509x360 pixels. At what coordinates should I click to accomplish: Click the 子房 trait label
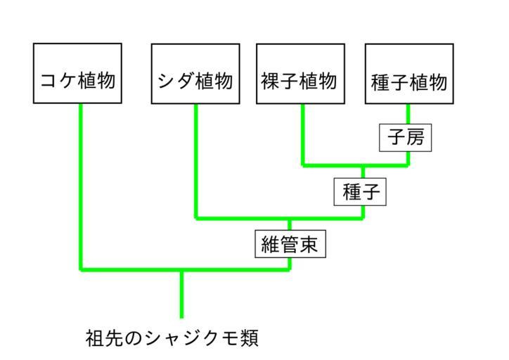[x=404, y=137]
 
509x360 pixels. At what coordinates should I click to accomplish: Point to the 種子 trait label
[x=361, y=191]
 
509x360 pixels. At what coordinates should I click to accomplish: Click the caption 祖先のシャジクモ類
[x=172, y=338]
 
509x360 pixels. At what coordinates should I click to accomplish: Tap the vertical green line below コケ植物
[x=82, y=183]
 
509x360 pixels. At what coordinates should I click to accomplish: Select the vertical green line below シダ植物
[x=195, y=158]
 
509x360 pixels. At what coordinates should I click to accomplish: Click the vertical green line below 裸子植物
[x=302, y=134]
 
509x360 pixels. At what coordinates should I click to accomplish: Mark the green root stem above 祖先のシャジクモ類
[x=181, y=294]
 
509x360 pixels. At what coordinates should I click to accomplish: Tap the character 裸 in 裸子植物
[x=271, y=82]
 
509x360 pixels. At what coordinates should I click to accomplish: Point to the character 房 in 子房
[x=415, y=137]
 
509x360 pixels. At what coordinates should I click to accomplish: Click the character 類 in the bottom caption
[x=249, y=338]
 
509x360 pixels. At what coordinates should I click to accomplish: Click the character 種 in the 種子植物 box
[x=380, y=82]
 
